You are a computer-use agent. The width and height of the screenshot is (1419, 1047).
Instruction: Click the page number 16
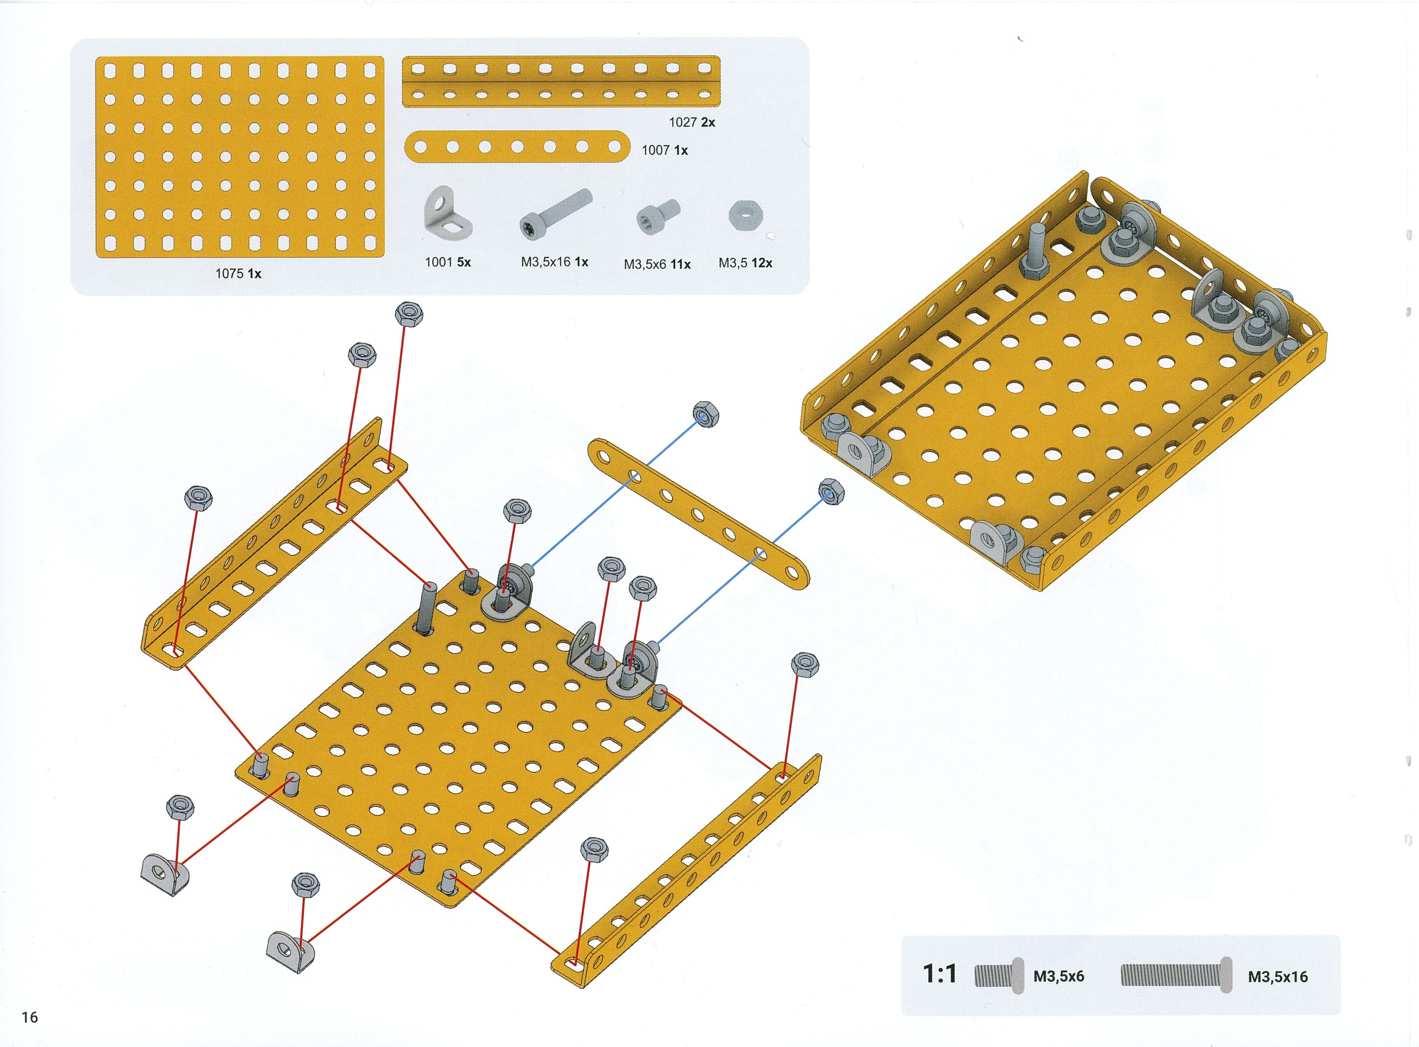30,1017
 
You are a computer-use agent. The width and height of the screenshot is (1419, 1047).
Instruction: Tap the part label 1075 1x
238,274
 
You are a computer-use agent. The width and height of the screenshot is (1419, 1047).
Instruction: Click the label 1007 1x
664,150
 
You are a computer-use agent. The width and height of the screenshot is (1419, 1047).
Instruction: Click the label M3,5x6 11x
657,264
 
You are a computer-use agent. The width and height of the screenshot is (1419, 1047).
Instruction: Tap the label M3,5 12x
745,263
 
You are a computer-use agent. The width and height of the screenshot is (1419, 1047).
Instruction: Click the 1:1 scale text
939,974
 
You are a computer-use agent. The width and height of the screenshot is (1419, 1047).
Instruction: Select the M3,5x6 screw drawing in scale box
998,975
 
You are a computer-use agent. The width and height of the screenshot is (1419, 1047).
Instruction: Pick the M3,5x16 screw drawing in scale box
1176,975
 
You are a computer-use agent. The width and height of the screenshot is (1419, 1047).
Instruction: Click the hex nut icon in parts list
745,216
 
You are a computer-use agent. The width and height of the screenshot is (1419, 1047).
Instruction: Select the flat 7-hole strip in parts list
516,147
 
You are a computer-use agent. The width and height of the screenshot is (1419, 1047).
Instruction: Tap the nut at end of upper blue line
706,414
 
